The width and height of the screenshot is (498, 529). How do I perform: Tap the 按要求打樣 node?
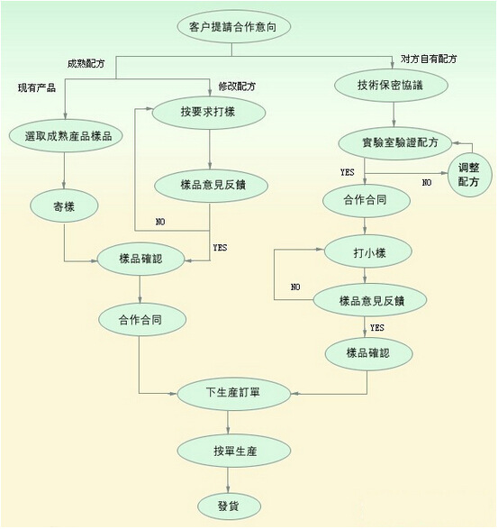point(208,112)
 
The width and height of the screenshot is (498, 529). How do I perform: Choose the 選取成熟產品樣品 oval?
point(66,137)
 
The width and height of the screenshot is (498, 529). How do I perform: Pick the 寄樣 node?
point(64,205)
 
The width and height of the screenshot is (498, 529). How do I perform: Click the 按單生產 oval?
point(234,450)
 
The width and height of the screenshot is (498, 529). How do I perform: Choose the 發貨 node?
point(229,505)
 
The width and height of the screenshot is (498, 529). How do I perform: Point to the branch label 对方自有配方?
point(429,59)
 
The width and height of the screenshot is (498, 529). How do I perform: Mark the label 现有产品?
point(36,87)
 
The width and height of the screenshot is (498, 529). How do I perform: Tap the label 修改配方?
point(236,87)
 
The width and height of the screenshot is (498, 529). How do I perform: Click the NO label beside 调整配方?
point(426,182)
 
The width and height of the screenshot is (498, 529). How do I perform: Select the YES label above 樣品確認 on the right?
point(376,327)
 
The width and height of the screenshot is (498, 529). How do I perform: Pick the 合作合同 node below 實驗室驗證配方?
point(366,200)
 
